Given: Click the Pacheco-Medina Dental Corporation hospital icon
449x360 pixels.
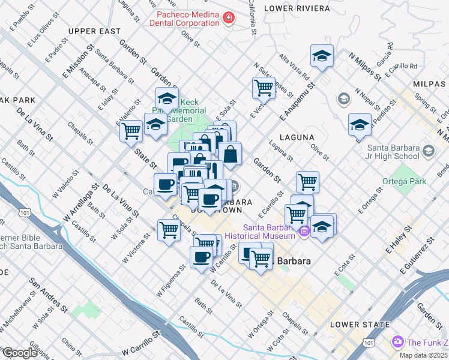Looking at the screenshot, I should point(228,19).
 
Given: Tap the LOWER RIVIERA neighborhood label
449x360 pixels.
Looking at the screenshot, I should point(297,8).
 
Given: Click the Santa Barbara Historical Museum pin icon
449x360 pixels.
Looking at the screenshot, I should point(304,231).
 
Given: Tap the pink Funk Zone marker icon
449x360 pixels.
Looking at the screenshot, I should point(397,342).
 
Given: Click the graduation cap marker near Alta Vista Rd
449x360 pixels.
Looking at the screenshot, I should point(322,56).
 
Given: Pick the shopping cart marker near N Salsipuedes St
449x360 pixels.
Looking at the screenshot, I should point(264,88).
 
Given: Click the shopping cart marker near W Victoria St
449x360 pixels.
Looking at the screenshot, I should point(169,229).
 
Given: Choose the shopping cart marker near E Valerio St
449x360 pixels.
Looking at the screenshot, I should point(130,130).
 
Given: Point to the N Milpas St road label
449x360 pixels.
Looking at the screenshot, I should point(364,65).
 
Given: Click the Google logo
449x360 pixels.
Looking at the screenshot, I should point(20,353).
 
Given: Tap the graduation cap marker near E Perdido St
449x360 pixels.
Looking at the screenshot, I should point(360,124).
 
